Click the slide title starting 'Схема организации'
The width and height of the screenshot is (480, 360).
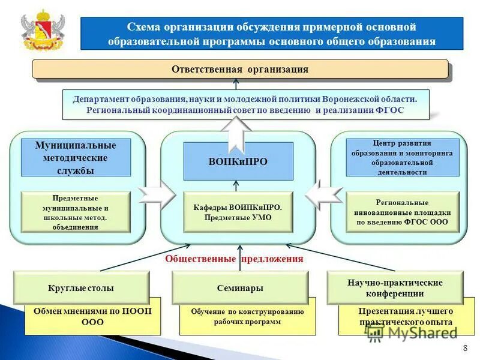272,34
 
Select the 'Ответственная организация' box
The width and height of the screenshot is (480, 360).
240,69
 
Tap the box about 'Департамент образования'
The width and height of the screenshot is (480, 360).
246,104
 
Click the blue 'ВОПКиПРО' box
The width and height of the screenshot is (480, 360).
238,161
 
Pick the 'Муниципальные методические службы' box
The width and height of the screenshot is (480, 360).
76,158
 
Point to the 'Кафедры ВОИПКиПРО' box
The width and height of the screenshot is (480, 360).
238,212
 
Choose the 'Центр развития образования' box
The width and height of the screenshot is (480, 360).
403,157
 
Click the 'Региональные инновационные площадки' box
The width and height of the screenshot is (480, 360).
403,212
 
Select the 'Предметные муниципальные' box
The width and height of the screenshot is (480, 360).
76,212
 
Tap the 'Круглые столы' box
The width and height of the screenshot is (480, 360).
81,288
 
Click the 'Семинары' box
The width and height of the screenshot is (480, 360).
240,288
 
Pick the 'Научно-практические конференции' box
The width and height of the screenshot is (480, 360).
395,287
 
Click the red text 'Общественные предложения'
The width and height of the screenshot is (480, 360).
234,259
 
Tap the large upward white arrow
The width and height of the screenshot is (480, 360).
238,132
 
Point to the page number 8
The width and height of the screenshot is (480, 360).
466,349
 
